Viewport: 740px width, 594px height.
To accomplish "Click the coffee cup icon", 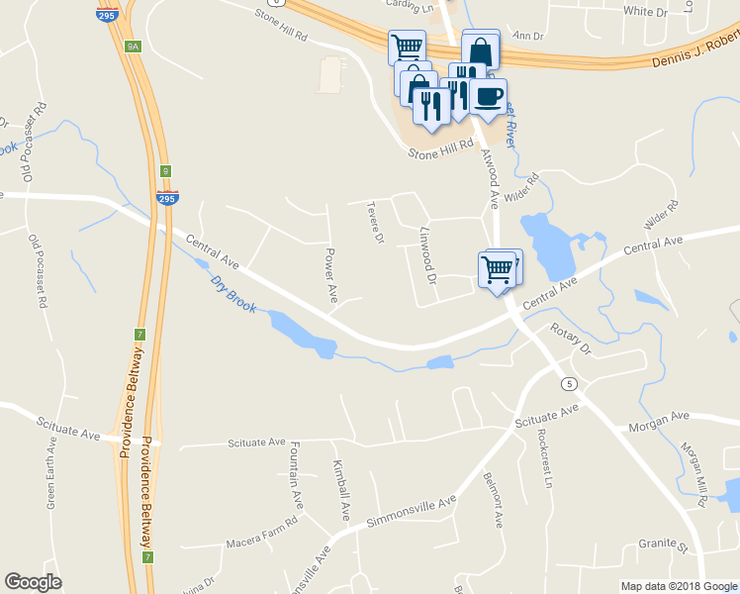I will pos(487,96).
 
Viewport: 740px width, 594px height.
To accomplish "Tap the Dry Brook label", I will pos(233,294).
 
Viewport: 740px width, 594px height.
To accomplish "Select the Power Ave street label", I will pos(331,275).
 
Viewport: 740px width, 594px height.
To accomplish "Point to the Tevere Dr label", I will pos(374,223).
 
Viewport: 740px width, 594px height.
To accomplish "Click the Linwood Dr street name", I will pos(428,257).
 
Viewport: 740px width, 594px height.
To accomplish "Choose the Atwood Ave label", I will pos(490,178).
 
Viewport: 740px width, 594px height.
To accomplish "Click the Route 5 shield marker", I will pos(568,383).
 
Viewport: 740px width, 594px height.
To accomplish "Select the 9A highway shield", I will pos(134,47).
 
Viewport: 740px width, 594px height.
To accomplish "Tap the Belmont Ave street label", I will pos(492,499).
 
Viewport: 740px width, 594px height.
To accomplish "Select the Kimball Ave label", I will pos(341,491).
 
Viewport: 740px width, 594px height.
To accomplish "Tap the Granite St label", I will pos(662,544).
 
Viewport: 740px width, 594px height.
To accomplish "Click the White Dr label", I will pos(646,12).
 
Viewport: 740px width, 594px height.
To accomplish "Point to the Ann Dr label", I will pos(530,37).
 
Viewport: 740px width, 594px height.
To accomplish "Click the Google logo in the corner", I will pos(33,582).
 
